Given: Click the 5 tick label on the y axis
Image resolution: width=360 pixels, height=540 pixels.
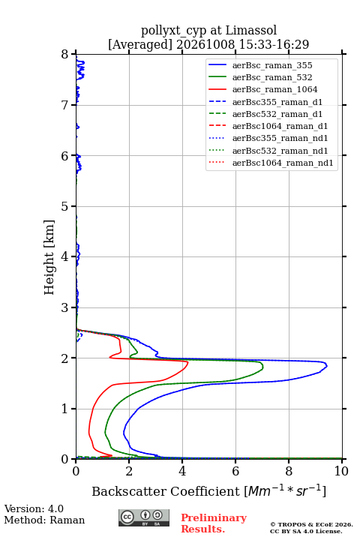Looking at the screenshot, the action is (65, 206).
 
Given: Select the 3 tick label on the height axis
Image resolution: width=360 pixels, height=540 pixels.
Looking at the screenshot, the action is (65, 307).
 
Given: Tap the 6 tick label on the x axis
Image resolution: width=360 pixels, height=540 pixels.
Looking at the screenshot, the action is (235, 471).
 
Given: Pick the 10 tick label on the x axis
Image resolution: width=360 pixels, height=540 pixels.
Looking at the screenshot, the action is (341, 471).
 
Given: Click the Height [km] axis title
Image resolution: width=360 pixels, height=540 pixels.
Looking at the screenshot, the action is (49, 257).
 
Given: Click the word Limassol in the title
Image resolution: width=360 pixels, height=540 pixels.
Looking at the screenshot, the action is (251, 31).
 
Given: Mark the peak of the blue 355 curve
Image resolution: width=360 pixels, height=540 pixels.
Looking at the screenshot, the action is (326, 365).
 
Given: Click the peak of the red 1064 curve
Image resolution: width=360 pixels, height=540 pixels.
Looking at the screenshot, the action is (188, 362).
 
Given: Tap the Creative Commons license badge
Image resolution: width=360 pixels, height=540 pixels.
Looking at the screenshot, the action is (144, 517).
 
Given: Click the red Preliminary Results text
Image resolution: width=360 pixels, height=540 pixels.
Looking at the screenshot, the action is (214, 523).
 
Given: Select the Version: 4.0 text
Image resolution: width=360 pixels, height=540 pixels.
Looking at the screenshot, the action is (34, 508).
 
